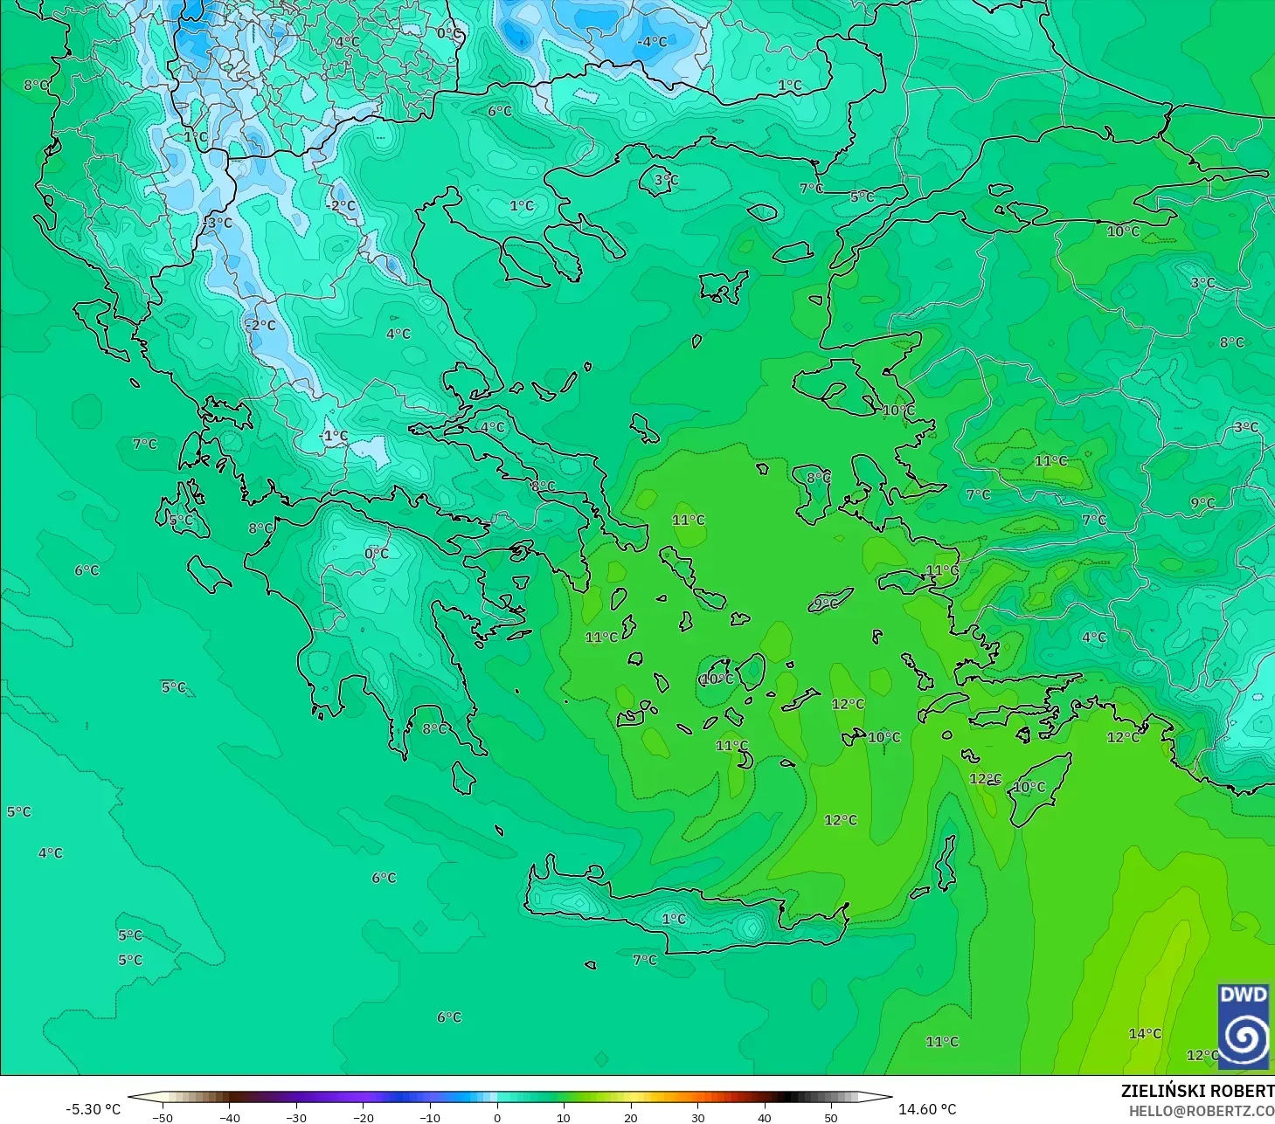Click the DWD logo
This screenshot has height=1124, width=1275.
coord(1243,1026)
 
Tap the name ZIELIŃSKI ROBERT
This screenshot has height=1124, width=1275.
coord(1197,1091)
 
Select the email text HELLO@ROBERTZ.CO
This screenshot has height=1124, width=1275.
coord(1201,1111)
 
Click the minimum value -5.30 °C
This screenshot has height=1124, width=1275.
coord(93,1109)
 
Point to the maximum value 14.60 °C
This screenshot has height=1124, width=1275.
coord(927,1109)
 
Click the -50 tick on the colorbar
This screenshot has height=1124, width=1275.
coord(162,1117)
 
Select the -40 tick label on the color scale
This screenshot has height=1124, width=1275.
coord(229,1117)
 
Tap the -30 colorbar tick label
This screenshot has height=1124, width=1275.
coord(296,1117)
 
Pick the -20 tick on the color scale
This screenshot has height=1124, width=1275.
coord(363,1117)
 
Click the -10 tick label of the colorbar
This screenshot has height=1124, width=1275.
coord(430,1117)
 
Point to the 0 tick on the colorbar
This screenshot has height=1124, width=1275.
coord(497,1117)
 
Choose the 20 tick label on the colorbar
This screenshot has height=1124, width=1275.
coord(631,1117)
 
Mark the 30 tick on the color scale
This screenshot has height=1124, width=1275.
coord(697,1117)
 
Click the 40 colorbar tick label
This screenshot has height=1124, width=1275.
coord(765,1117)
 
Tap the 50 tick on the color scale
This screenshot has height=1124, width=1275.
coord(831,1117)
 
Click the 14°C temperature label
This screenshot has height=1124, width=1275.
coord(1145,1034)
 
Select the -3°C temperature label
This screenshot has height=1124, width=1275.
coord(218,223)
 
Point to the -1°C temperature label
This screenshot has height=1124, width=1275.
coord(333,436)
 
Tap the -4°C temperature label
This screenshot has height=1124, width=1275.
coord(651,42)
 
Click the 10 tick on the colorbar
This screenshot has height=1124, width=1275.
coord(564,1117)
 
